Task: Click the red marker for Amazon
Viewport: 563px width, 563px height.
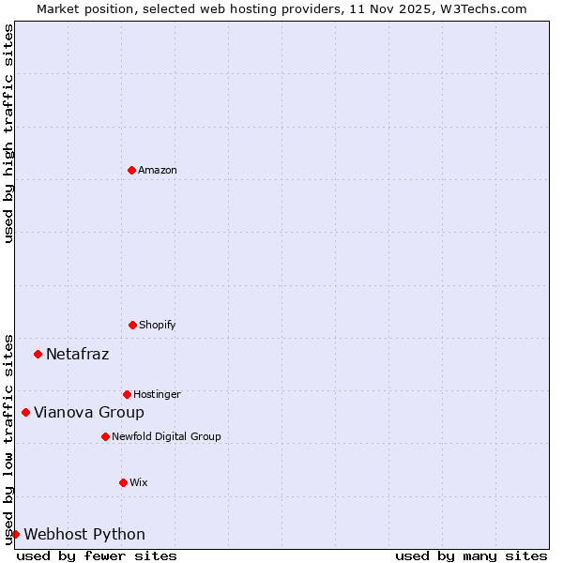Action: pos(131,170)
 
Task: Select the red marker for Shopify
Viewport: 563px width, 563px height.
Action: pos(132,325)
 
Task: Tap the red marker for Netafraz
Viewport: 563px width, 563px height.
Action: pos(38,354)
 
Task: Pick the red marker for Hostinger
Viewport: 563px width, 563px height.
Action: pos(127,394)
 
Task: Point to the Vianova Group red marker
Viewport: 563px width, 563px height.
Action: pos(25,412)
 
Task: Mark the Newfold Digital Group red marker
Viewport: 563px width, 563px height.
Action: pos(105,436)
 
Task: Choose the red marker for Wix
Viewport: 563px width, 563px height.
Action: pos(123,482)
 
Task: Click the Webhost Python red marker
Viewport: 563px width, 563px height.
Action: pos(15,534)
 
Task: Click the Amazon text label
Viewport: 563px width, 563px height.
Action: pos(158,170)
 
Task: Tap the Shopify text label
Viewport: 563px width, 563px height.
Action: pos(158,325)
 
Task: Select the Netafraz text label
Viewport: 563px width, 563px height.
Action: pos(77,354)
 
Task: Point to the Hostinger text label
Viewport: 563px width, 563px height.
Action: pos(157,394)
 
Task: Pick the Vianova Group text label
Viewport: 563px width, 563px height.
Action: pos(89,412)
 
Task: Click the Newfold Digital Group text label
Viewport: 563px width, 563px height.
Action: pos(166,436)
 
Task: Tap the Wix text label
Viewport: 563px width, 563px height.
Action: pos(139,482)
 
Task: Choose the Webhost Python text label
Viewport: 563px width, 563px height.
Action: pos(84,534)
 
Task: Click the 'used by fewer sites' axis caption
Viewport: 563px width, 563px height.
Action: pos(97,555)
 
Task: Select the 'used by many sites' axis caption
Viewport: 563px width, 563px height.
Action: pos(471,555)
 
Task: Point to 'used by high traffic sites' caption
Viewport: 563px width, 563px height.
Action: pos(8,133)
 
